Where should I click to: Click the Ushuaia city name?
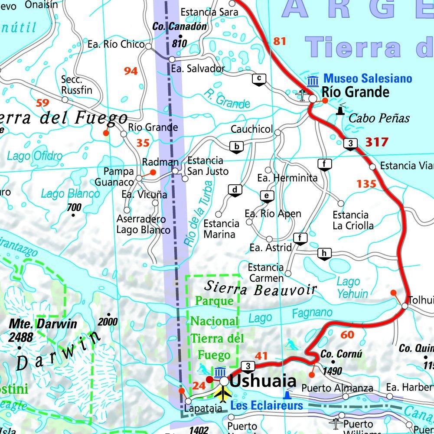click(263, 381)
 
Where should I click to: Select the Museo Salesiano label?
click(368, 78)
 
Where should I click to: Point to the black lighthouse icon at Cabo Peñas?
click(341, 111)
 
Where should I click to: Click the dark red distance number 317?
click(377, 142)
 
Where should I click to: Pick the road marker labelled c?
click(259, 79)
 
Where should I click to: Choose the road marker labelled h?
click(324, 254)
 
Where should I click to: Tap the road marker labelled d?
click(235, 190)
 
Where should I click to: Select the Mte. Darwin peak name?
click(43, 324)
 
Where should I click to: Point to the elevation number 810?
click(179, 43)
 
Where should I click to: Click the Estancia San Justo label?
click(207, 166)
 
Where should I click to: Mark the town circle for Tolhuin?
click(405, 306)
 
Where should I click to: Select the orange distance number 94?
click(131, 71)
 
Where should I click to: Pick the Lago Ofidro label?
click(35, 156)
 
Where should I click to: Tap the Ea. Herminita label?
click(287, 178)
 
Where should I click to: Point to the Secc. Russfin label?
click(77, 85)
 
